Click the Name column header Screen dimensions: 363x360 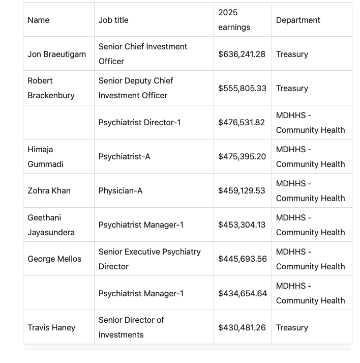point(39,20)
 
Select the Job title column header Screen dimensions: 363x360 point(113,20)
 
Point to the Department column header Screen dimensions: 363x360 point(298,20)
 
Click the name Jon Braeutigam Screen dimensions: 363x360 point(56,54)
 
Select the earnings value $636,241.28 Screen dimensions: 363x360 point(242,54)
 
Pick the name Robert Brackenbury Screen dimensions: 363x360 point(51,88)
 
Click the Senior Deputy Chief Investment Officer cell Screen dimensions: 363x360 point(136,88)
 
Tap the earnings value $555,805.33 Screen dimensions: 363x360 point(242,88)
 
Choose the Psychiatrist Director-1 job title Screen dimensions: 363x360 point(139,122)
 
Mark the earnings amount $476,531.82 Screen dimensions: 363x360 point(242,122)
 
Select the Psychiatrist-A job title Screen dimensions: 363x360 point(124,157)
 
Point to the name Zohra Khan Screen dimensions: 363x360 point(49,190)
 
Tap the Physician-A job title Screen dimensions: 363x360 point(121,190)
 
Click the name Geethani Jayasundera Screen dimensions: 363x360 point(51,225)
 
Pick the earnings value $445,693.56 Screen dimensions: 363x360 point(242,259)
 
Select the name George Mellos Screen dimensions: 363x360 point(54,259)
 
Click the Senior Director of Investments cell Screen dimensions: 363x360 point(131,327)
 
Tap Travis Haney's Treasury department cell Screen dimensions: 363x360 point(292,327)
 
